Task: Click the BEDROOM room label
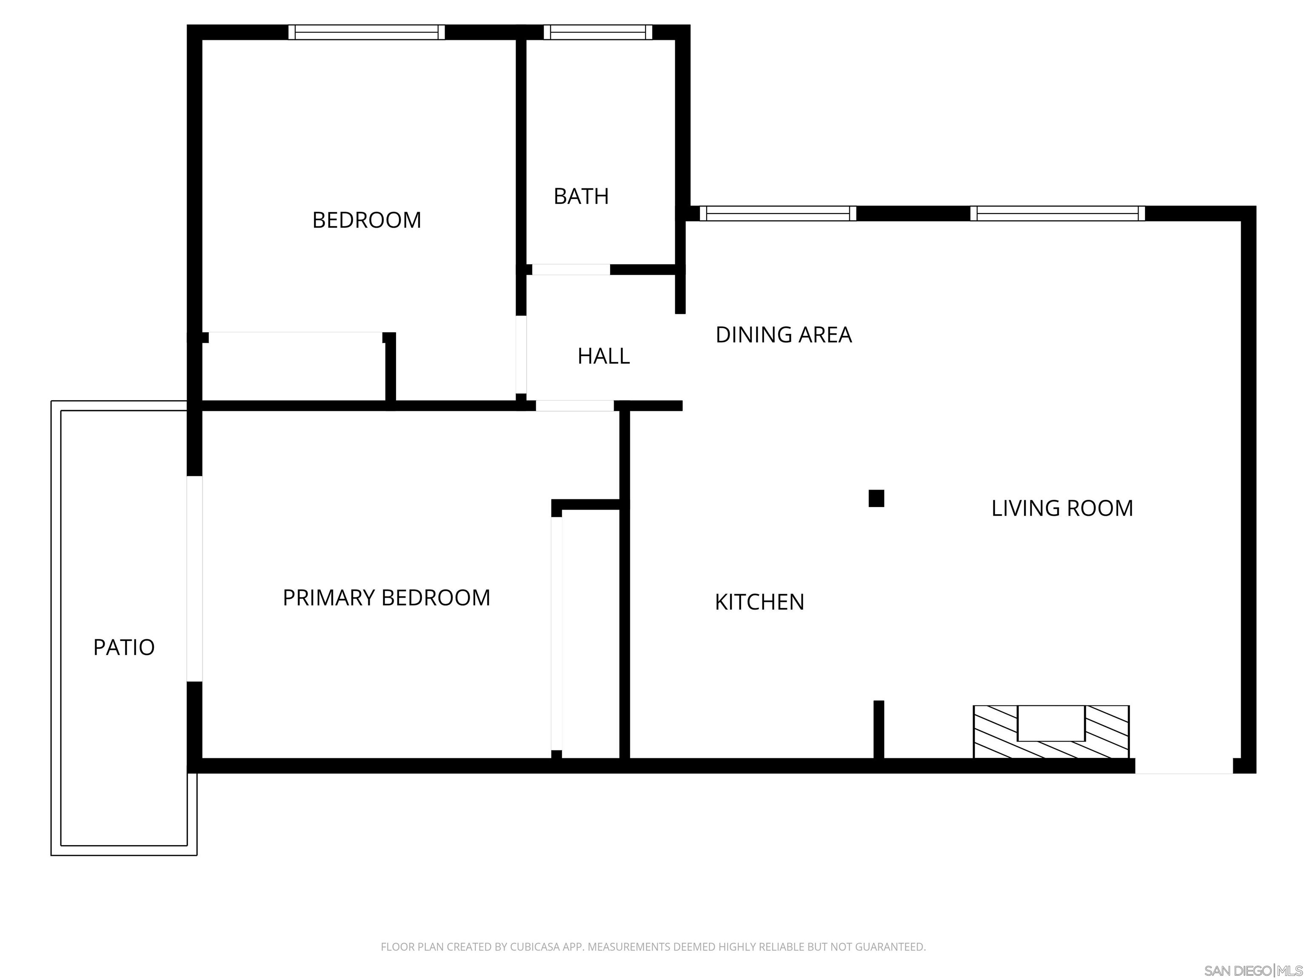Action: click(366, 220)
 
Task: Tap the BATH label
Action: click(581, 196)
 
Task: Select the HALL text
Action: click(603, 356)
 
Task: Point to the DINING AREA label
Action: click(784, 335)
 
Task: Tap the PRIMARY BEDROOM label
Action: click(386, 598)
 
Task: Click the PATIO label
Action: click(124, 647)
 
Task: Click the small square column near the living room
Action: click(876, 499)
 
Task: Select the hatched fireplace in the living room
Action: click(1051, 732)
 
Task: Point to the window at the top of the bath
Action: click(597, 32)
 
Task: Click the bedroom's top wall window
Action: click(366, 32)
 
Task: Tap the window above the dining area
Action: click(778, 213)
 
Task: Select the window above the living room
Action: click(1058, 213)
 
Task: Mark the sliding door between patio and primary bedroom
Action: click(194, 579)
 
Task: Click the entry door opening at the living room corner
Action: click(1184, 766)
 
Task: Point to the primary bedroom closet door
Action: click(556, 633)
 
